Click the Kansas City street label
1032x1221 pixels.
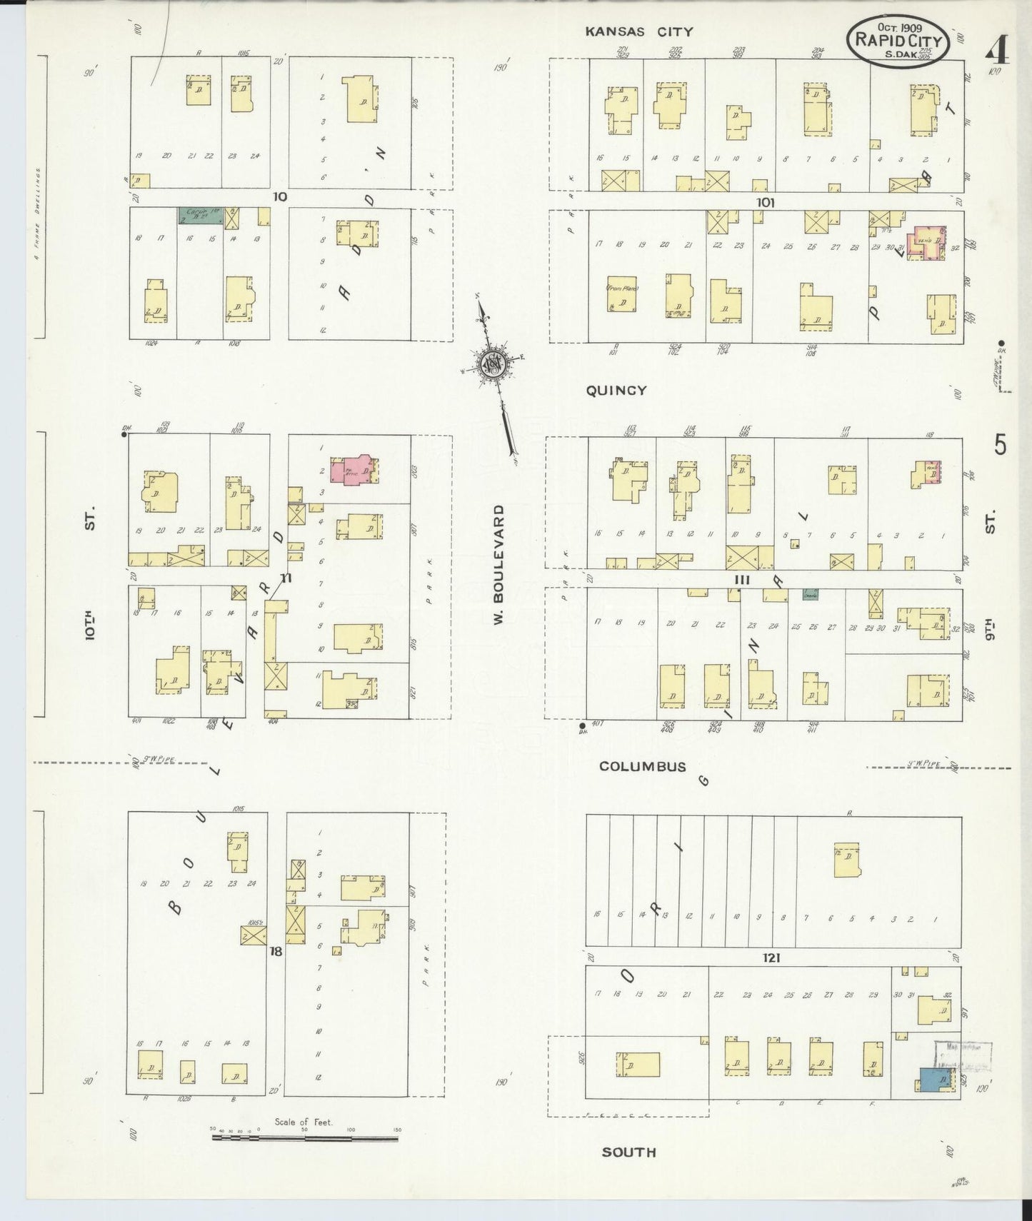coord(638,31)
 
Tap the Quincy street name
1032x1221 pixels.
coord(616,391)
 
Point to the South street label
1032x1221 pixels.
coord(628,1152)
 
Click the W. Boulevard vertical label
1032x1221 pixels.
coord(499,564)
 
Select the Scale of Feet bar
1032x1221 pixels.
coord(305,1138)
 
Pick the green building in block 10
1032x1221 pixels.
coord(200,216)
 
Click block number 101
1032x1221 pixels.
coord(765,203)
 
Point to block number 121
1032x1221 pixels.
coord(771,958)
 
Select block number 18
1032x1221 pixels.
coord(276,952)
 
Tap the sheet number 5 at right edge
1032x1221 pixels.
coord(1000,445)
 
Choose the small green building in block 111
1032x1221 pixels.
coord(810,594)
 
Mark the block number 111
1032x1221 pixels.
coord(743,580)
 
